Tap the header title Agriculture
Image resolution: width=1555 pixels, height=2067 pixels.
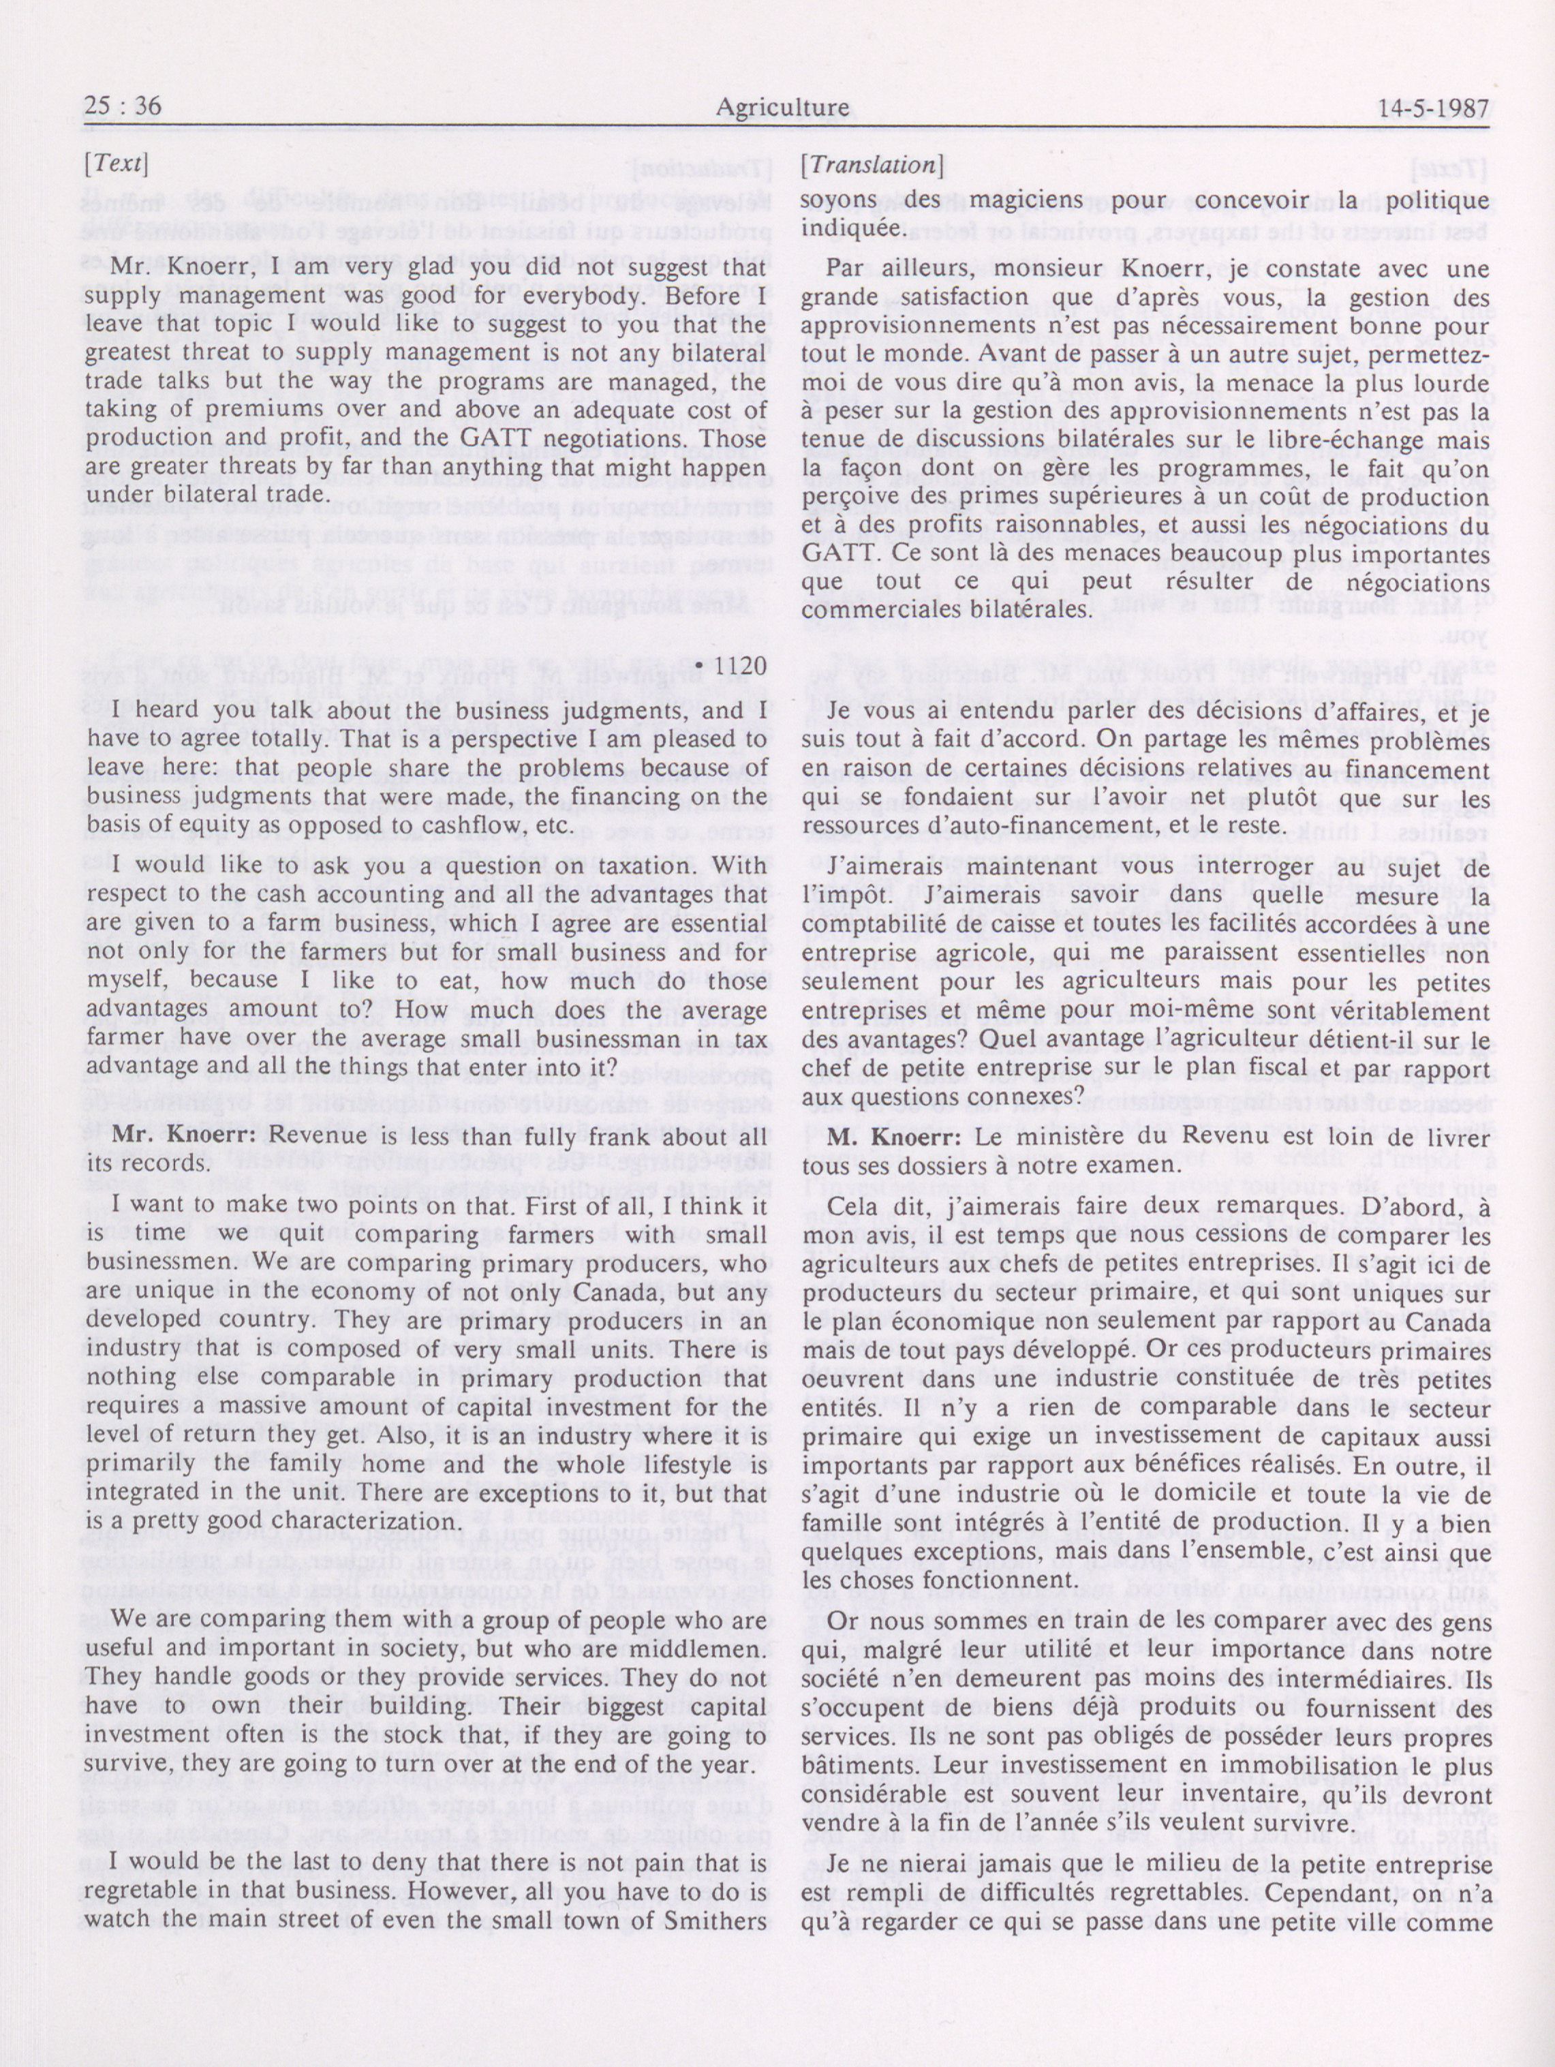[782, 108]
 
